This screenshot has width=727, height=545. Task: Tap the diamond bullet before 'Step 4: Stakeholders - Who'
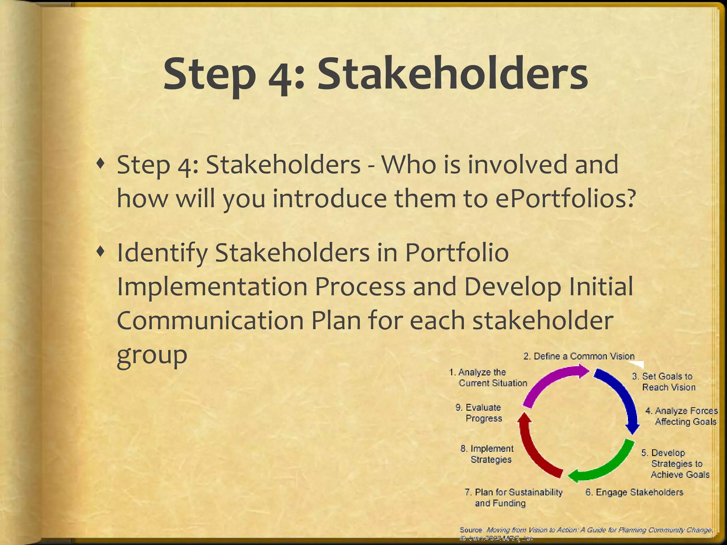(x=101, y=164)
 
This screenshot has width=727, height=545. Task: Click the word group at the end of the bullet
(x=152, y=355)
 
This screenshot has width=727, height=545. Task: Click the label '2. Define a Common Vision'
(x=579, y=356)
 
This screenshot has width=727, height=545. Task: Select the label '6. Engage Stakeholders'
(x=634, y=492)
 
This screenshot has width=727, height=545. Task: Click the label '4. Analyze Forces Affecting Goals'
(x=682, y=416)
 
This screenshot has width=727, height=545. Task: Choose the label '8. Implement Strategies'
(x=487, y=454)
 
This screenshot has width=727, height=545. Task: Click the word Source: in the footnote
(x=471, y=530)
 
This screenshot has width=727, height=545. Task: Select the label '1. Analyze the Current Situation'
(x=488, y=378)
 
